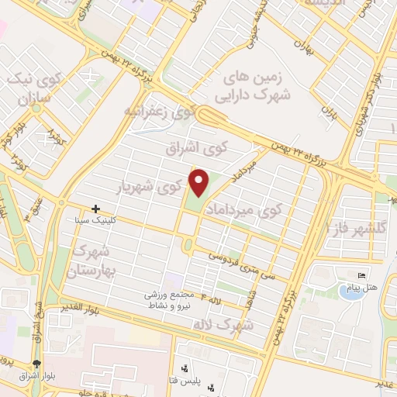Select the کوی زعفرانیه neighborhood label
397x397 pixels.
pos(159,112)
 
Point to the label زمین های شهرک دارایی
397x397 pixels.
pos(254,85)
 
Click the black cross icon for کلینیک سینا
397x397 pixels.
pos(95,209)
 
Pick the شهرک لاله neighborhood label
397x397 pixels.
pos(236,323)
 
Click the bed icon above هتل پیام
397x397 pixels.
pos(361,275)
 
